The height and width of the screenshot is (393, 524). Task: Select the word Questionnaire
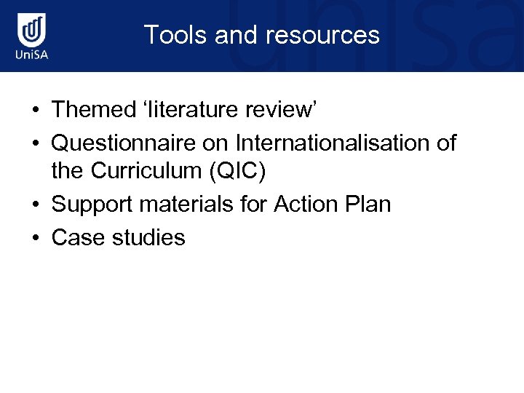[124, 142]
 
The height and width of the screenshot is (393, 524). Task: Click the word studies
[148, 237]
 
